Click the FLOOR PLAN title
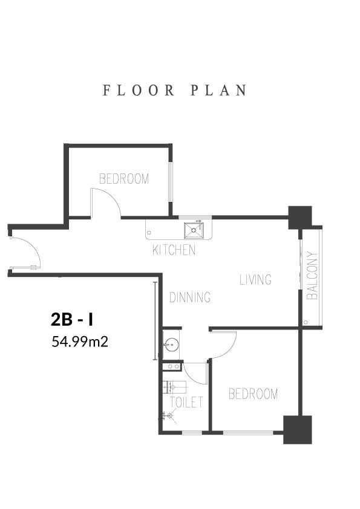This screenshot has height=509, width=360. [175, 91]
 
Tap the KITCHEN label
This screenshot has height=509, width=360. [174, 250]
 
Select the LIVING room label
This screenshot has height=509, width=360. [255, 279]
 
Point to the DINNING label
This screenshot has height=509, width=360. [190, 297]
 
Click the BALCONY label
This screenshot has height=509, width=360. [312, 275]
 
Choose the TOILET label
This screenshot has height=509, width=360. [186, 402]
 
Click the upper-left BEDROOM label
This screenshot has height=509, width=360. [124, 179]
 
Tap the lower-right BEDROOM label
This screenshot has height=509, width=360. [253, 394]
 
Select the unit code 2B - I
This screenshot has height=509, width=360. [72, 319]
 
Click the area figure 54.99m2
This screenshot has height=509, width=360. [80, 342]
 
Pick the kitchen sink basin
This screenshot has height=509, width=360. [194, 230]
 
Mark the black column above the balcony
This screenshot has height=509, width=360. [300, 217]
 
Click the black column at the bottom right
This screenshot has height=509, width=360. [298, 430]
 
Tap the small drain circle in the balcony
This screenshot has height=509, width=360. [306, 322]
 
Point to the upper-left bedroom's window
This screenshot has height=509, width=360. [171, 182]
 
